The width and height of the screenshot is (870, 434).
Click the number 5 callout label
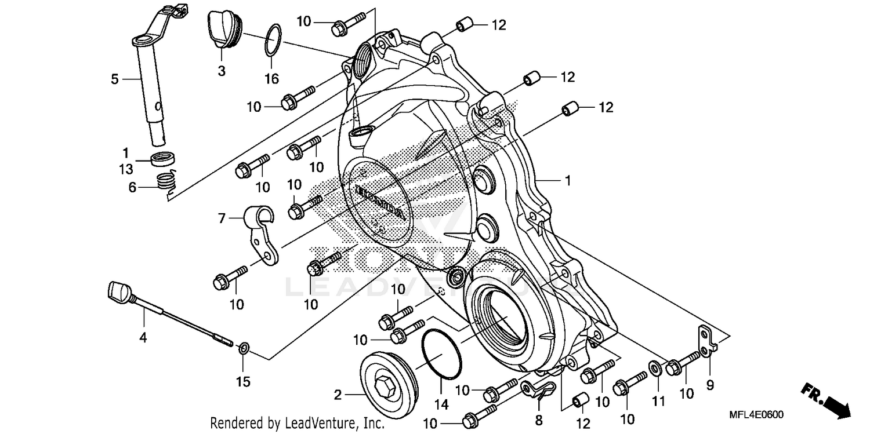(114, 78)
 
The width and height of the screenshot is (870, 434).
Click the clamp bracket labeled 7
(262, 232)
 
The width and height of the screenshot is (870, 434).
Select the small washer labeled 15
(244, 348)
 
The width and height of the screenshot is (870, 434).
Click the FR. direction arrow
(826, 399)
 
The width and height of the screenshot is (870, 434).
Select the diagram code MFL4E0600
(757, 415)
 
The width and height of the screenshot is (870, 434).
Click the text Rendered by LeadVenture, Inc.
(297, 424)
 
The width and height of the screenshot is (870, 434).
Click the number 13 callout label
(126, 169)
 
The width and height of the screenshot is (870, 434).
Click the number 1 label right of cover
(568, 181)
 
